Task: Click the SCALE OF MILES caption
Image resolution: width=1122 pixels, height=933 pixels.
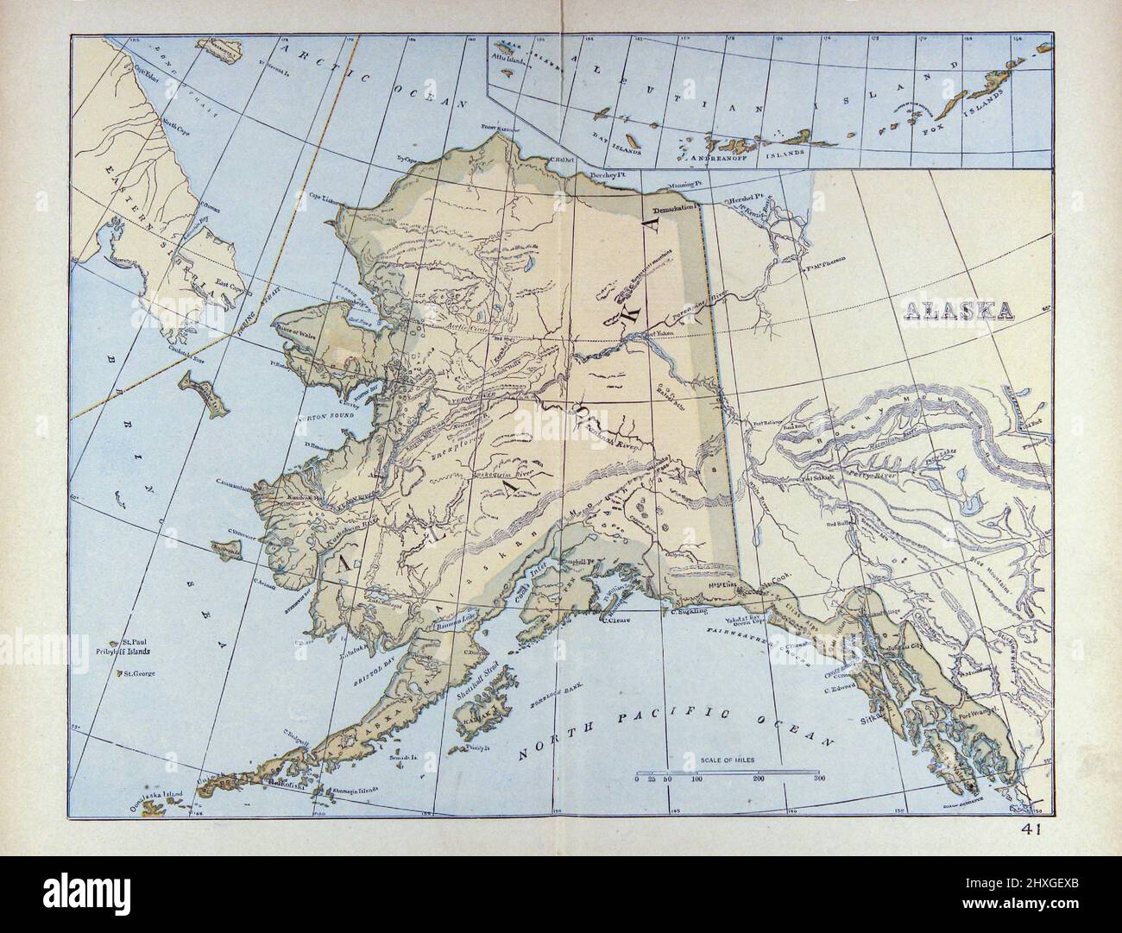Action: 728,759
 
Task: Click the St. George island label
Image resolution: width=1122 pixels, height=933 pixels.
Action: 139,672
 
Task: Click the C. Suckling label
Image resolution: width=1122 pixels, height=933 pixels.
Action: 690,611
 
